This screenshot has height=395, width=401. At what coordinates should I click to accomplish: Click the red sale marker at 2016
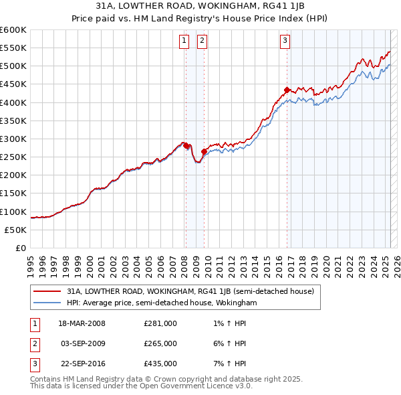point(287,90)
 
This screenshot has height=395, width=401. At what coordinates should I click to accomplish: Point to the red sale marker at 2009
point(204,151)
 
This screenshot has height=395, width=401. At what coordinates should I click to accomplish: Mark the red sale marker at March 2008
point(186,146)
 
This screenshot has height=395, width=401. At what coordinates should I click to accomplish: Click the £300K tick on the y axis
point(13,139)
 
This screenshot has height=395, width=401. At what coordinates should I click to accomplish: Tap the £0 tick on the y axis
point(21,248)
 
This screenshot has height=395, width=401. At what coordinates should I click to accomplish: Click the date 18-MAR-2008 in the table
point(83,323)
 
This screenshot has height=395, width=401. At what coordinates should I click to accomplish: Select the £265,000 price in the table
point(160,343)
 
